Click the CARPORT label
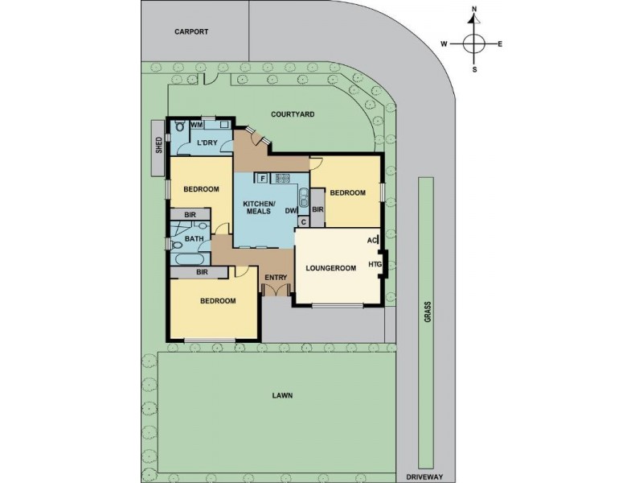pos(191,31)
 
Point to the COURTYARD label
pos(292,114)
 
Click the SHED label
pos(158,145)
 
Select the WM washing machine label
pos(196,126)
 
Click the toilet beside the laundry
pos(178,126)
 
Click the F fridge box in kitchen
pos(262,178)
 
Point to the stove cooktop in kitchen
pos(283,178)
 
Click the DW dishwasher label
pos(290,211)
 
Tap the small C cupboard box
pos(304,221)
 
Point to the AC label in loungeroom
pos(372,240)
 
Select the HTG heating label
pos(374,264)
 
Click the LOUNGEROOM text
pos(331,269)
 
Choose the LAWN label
pos(281,395)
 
